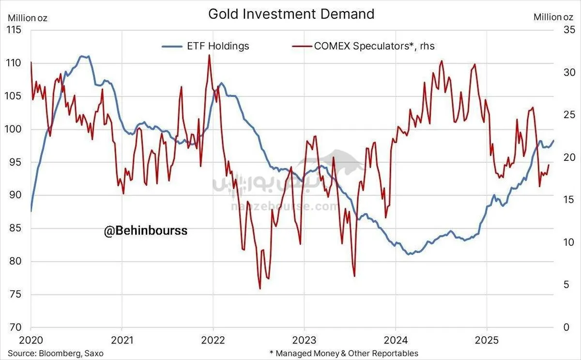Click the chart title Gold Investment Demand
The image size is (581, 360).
point(291,14)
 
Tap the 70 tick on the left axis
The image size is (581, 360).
point(15,328)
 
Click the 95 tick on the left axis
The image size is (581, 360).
point(15,162)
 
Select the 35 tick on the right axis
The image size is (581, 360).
point(564,30)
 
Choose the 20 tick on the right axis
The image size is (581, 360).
point(564,157)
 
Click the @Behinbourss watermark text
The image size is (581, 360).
point(145,231)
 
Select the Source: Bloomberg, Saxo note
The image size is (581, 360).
point(55,353)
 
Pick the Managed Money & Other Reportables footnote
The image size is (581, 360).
point(344,353)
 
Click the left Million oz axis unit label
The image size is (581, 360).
point(27,18)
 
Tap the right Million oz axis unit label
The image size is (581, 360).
point(554,17)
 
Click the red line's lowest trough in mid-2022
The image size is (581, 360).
point(260,289)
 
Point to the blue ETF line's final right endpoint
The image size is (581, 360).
point(553,141)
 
